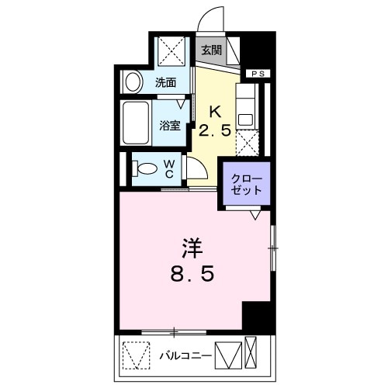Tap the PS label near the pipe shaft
pyautogui.click(x=258, y=74)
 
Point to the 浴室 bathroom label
pyautogui.click(x=171, y=124)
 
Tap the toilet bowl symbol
pyautogui.click(x=144, y=168)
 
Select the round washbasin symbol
pyautogui.click(x=133, y=81)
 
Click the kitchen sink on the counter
pyautogui.click(x=247, y=119)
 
